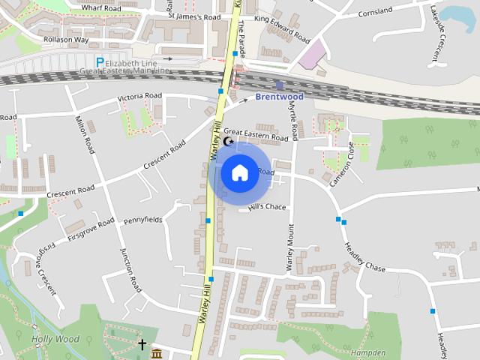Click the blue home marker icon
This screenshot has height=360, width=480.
(x=239, y=172)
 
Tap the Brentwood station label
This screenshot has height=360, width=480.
(x=279, y=97)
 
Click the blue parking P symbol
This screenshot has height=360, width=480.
(x=100, y=61)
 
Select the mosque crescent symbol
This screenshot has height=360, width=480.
(x=229, y=141)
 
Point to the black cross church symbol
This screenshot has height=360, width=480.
(x=142, y=345)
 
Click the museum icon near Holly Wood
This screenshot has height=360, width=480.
(x=157, y=352)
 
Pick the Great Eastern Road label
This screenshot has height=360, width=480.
(x=256, y=134)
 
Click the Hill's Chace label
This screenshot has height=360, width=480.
(x=268, y=207)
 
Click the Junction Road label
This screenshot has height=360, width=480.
(x=130, y=270)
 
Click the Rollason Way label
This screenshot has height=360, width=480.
(x=67, y=40)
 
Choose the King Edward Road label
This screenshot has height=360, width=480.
(x=282, y=28)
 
